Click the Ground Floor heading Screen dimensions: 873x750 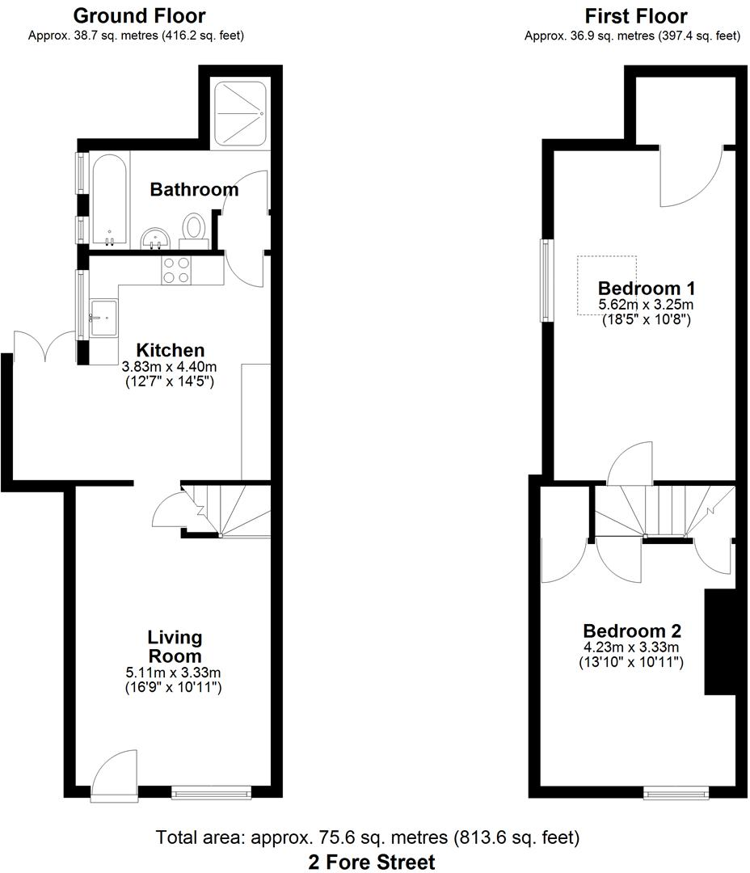click(x=140, y=15)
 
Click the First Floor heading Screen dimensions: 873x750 click(x=636, y=15)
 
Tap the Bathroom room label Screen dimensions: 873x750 click(x=194, y=190)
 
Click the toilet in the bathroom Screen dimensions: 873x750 click(x=194, y=226)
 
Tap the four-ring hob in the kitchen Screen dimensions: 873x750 click(x=175, y=269)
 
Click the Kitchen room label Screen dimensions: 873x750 click(x=170, y=351)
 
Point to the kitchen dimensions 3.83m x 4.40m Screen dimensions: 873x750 click(x=168, y=366)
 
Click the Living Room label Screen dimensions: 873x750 click(x=175, y=647)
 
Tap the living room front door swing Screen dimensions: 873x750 click(x=112, y=772)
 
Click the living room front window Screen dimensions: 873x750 click(x=211, y=794)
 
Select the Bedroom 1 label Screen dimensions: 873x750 click(x=647, y=289)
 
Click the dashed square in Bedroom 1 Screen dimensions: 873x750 click(x=606, y=285)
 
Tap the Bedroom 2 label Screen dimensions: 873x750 click(x=632, y=631)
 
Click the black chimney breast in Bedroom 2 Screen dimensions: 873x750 click(x=718, y=642)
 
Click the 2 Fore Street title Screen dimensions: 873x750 click(x=371, y=862)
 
